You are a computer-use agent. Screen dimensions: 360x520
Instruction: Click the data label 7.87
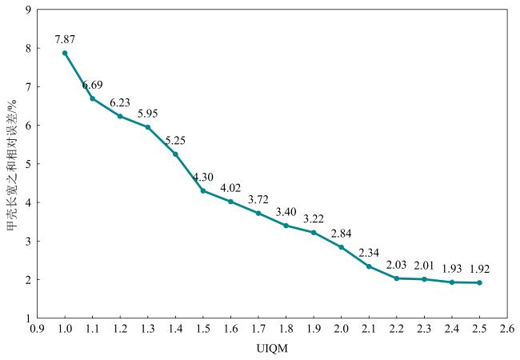pyautogui.click(x=65, y=38)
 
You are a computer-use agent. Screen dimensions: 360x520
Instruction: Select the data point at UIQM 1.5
pyautogui.click(x=203, y=190)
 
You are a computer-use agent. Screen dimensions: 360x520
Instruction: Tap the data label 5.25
pyautogui.click(x=175, y=141)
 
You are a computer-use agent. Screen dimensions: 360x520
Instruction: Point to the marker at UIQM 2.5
pyautogui.click(x=479, y=282)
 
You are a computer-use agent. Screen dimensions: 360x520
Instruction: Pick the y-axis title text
pyautogui.click(x=12, y=164)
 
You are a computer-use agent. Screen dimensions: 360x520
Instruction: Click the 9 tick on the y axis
pyautogui.click(x=29, y=10)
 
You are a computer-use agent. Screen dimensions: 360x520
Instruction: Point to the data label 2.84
pyautogui.click(x=341, y=233)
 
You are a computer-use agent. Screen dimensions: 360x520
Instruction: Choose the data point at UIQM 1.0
pyautogui.click(x=65, y=53)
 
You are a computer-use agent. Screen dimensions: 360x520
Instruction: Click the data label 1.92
pyautogui.click(x=479, y=268)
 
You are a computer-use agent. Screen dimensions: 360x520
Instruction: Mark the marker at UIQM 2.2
pyautogui.click(x=396, y=278)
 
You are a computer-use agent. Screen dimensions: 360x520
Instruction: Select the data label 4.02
pyautogui.click(x=230, y=188)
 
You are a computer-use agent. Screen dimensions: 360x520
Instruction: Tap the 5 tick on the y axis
pyautogui.click(x=29, y=164)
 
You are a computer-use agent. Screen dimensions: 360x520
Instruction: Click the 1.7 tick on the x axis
pyautogui.click(x=258, y=329)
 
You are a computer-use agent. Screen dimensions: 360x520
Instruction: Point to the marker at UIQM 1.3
pyautogui.click(x=148, y=127)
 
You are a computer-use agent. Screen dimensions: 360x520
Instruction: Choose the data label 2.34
pyautogui.click(x=369, y=253)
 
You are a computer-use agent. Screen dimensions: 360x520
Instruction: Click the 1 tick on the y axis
pyautogui.click(x=29, y=318)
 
